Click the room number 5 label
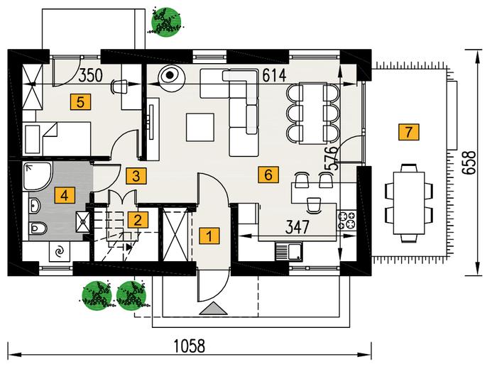(x=80, y=102)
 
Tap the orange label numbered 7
(x=408, y=132)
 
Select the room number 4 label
(x=65, y=196)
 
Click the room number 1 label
(x=209, y=236)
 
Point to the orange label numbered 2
(x=138, y=220)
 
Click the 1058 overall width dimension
(x=190, y=346)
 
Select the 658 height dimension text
(x=469, y=163)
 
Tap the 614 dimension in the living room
(x=274, y=75)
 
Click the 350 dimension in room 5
(x=90, y=75)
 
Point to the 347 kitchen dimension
(x=297, y=226)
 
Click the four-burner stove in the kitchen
(x=346, y=220)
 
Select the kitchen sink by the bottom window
(x=289, y=251)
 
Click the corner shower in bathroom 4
(x=37, y=176)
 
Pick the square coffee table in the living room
(x=200, y=127)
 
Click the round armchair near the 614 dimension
(x=170, y=76)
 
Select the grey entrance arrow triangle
(x=213, y=308)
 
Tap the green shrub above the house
(x=165, y=21)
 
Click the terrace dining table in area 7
(x=408, y=203)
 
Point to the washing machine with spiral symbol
(x=60, y=251)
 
